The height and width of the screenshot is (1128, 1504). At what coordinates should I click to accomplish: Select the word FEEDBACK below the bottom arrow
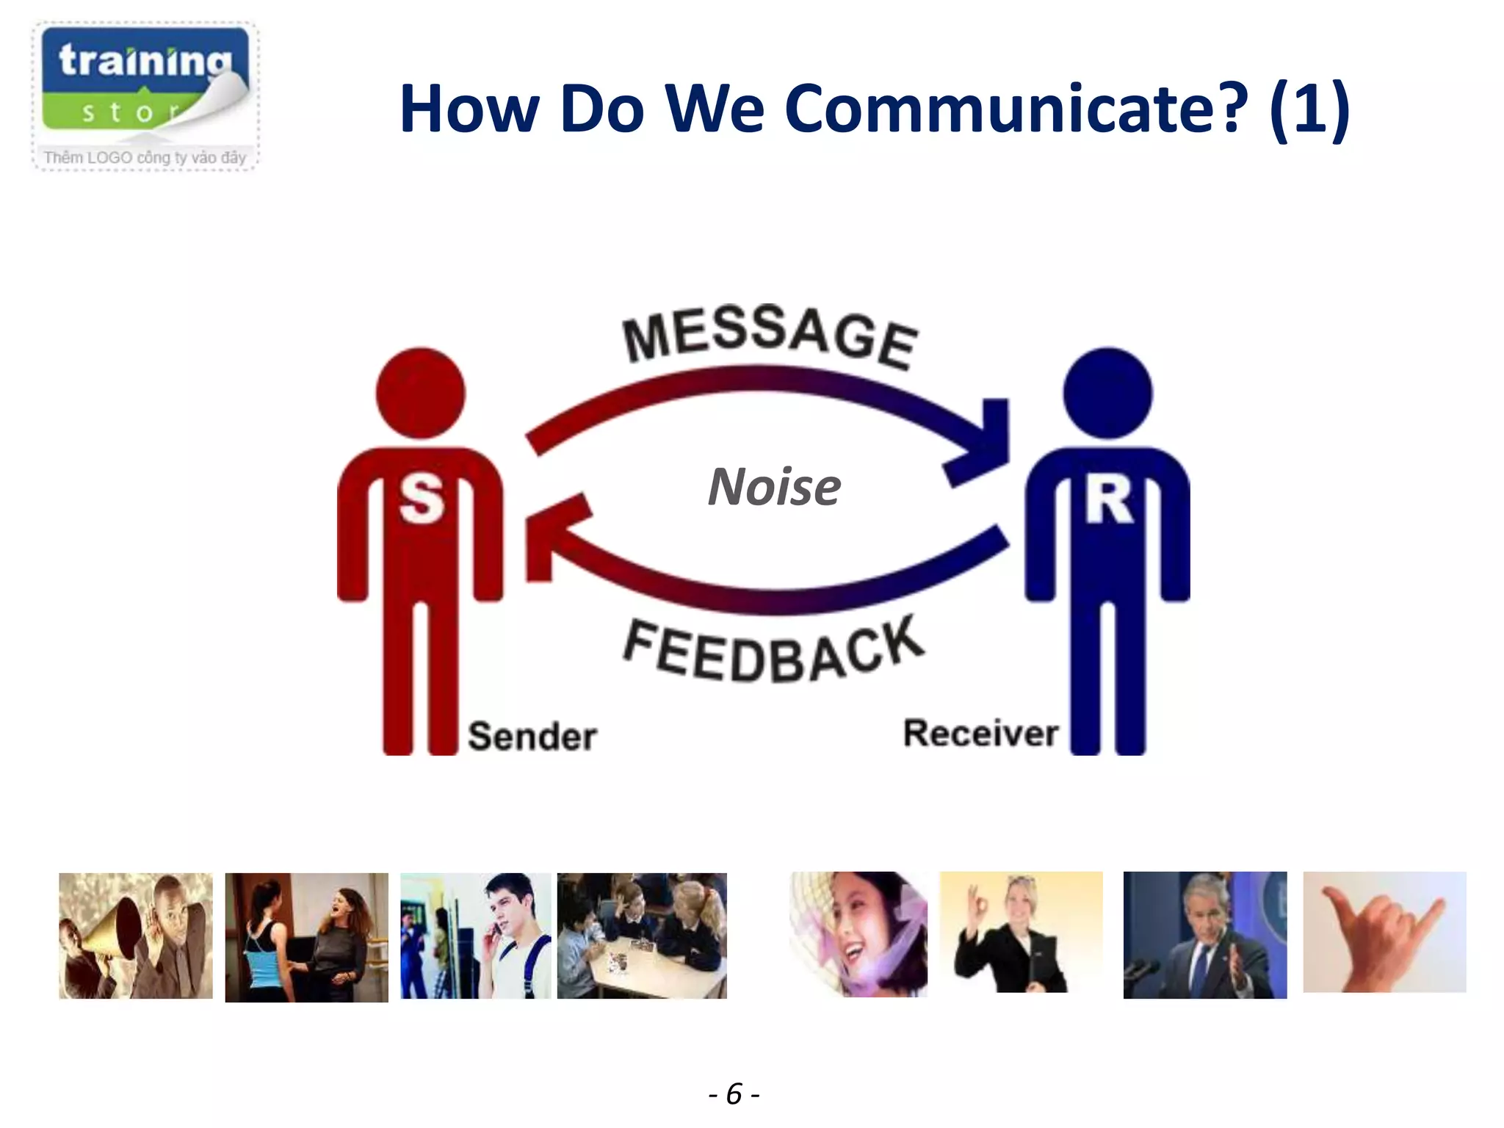click(x=773, y=651)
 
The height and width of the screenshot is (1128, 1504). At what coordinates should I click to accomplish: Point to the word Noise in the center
click(x=774, y=487)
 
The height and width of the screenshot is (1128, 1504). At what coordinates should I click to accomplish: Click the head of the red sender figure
click(x=420, y=393)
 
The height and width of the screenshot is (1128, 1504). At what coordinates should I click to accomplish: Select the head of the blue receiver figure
click(x=1107, y=393)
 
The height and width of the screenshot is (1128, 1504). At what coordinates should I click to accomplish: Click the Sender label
click(x=532, y=737)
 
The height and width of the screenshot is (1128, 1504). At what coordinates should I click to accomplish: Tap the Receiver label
click(x=980, y=734)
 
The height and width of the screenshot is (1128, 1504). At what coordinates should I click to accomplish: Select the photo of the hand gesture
click(x=1384, y=932)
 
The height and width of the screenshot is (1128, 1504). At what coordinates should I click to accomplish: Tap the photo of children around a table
click(x=642, y=936)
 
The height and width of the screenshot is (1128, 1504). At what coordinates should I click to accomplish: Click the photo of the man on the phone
click(x=475, y=936)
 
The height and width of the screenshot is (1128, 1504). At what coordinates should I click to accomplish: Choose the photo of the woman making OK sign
click(x=1021, y=932)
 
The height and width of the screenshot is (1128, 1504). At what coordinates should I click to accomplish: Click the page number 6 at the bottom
click(x=734, y=1093)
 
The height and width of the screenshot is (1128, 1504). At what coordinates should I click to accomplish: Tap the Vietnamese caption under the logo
click(x=145, y=157)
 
